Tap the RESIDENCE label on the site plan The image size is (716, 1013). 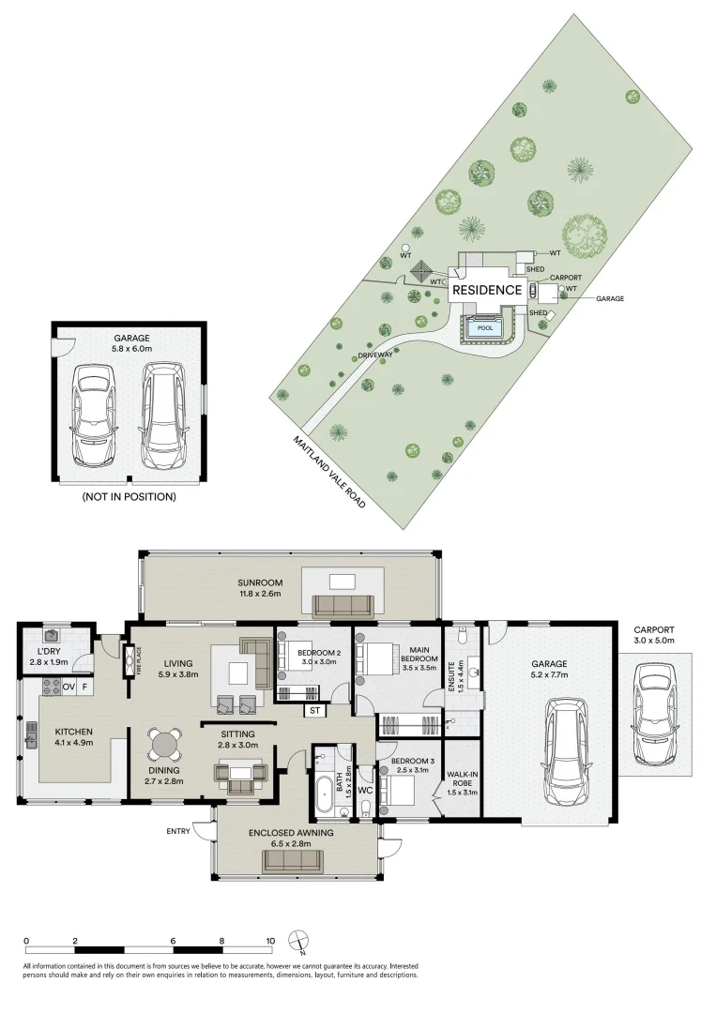click(487, 291)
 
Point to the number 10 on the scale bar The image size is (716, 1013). click(270, 941)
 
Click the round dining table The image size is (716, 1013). click(165, 744)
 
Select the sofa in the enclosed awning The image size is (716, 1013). click(292, 861)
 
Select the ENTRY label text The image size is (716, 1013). click(178, 831)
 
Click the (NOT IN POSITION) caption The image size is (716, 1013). click(129, 497)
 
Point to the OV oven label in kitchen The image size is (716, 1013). click(69, 688)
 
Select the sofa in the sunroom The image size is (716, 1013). click(342, 605)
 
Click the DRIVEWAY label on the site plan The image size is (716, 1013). click(374, 356)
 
